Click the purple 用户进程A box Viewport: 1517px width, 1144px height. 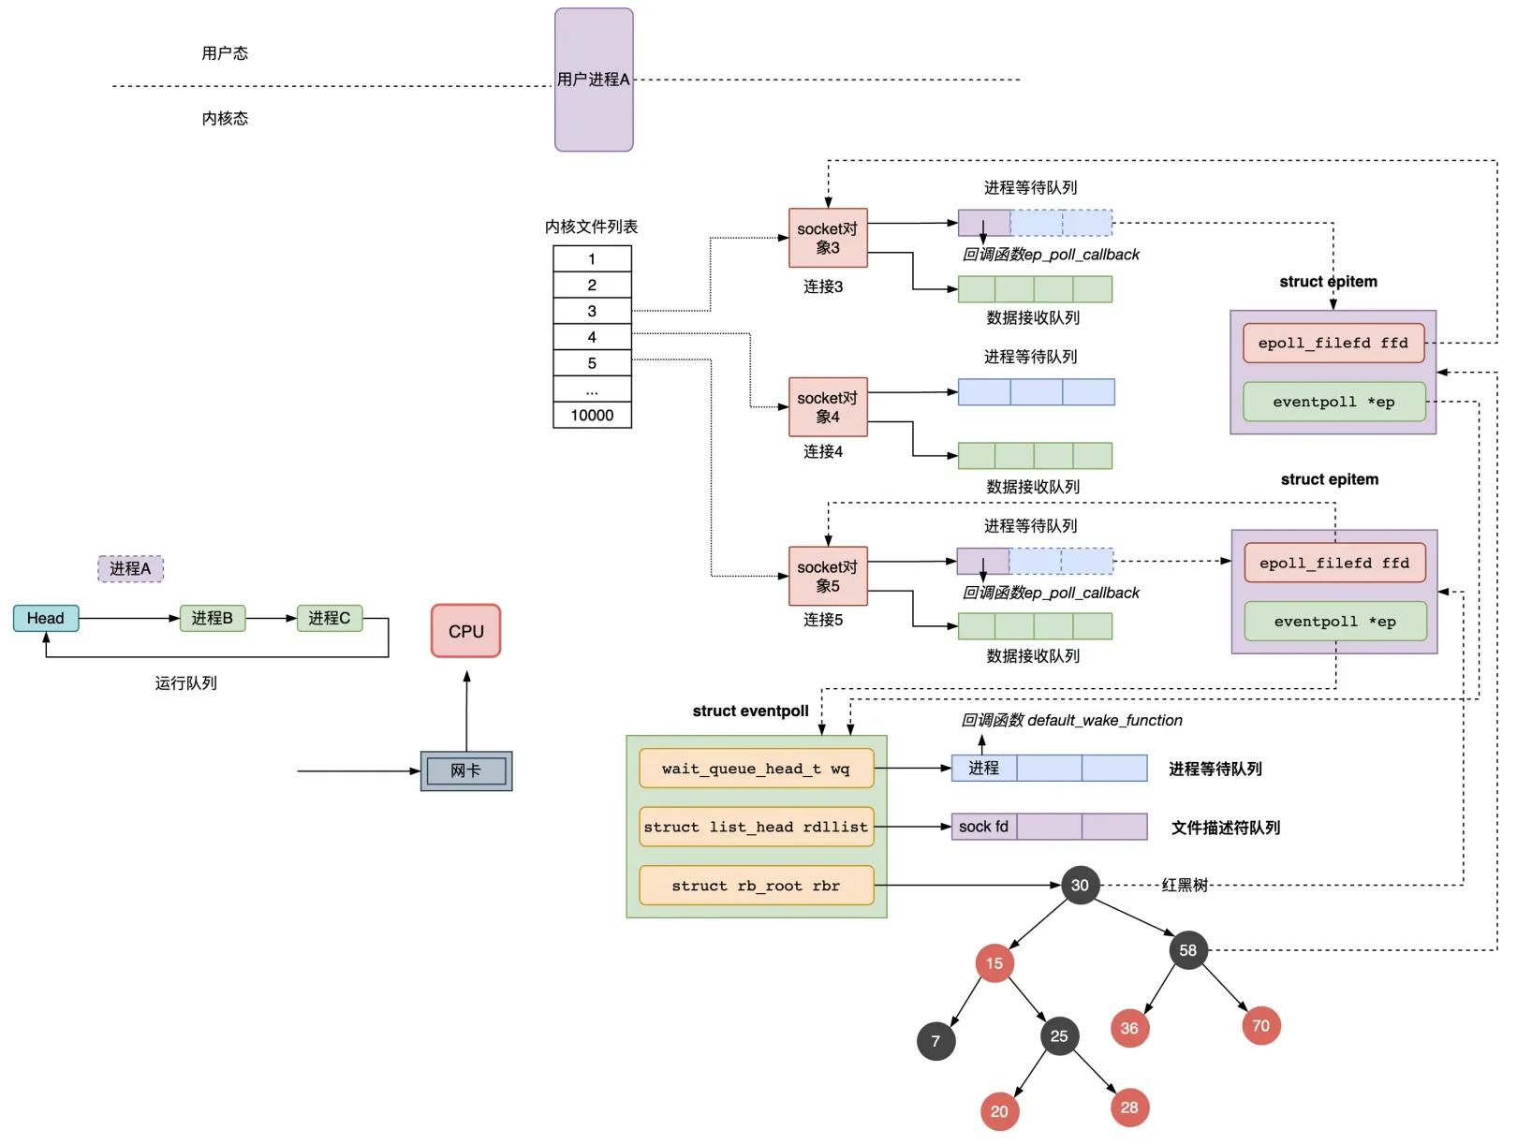pos(594,80)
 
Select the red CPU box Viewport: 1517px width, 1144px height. pos(465,631)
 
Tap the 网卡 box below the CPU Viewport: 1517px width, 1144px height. pos(465,770)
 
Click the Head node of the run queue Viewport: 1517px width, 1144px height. pos(45,618)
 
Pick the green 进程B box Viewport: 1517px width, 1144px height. pos(212,618)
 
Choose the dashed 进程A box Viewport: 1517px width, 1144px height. pos(130,568)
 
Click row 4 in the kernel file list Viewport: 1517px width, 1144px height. pos(592,337)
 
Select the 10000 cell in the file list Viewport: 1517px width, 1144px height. pos(592,415)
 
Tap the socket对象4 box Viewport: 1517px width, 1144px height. pos(828,407)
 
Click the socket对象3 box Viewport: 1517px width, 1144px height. pos(828,238)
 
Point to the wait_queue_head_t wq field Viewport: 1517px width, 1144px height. pos(756,769)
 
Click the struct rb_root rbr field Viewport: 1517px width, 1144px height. pos(756,886)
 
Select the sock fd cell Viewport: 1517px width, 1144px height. pos(983,827)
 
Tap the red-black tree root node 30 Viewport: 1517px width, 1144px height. pos(1080,885)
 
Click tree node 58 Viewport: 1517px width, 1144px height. pos(1187,950)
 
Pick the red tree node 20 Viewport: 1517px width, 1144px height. pos(999,1111)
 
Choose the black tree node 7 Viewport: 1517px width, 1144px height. pos(935,1041)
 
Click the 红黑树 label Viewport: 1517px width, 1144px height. pos(1185,885)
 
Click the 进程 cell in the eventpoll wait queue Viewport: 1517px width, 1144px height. pos(983,768)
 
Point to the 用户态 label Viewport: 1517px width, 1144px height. pos(225,53)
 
